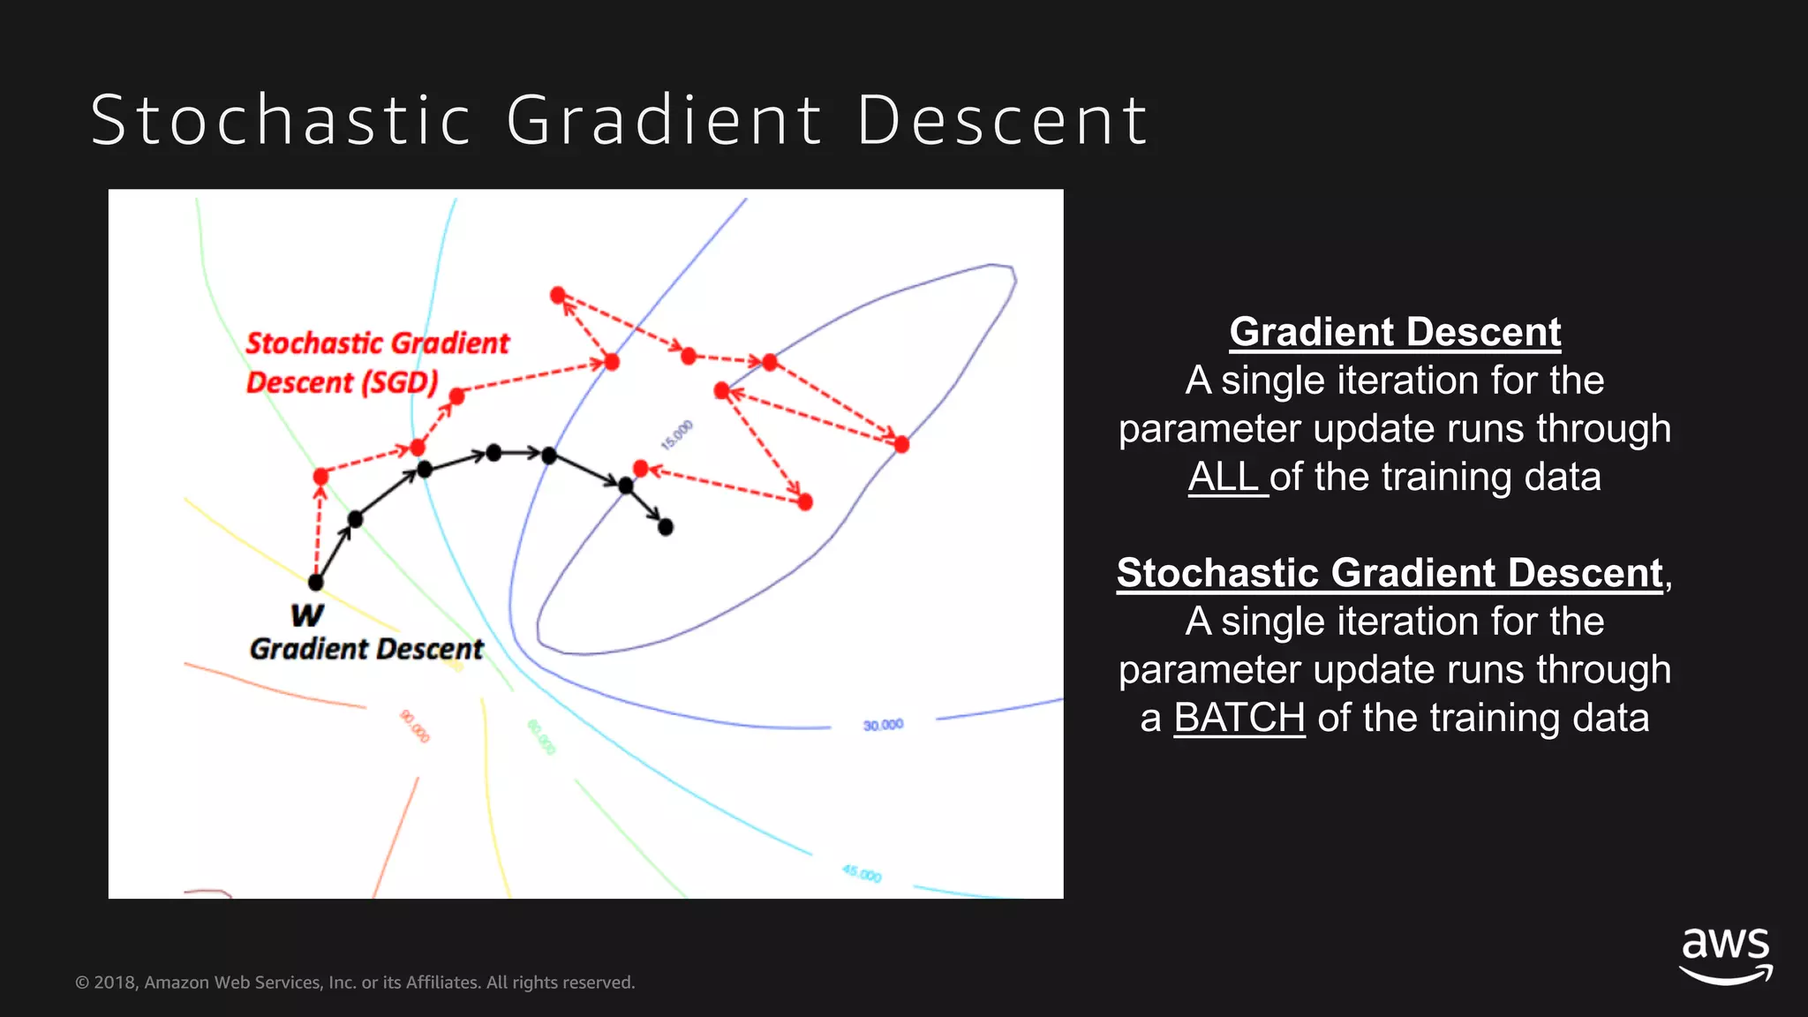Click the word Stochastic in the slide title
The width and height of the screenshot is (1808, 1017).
tap(281, 120)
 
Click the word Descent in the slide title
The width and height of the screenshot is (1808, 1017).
tap(1001, 120)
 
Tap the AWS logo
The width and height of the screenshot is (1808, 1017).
tap(1725, 955)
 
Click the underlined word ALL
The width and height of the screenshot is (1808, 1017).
tap(1225, 477)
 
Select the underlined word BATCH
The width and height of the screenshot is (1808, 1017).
tap(1239, 718)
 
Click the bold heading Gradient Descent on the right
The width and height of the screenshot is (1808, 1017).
tap(1395, 332)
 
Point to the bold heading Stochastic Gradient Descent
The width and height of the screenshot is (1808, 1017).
tap(1390, 573)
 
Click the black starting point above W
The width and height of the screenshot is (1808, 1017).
tap(316, 583)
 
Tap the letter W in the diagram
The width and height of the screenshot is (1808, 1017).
tap(306, 614)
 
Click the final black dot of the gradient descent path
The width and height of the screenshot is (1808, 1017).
tap(666, 527)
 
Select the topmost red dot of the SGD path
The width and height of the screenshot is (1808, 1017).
tap(558, 294)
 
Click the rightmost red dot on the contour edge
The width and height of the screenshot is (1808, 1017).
tap(901, 444)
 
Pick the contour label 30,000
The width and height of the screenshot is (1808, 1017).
tap(883, 725)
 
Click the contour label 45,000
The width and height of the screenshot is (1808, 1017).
tap(862, 874)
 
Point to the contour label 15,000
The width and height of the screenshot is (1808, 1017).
tap(677, 435)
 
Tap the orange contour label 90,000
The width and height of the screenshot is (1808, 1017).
tap(415, 726)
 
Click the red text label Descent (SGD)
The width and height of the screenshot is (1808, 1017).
tap(342, 382)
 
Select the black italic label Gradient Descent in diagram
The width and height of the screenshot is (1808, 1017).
tap(366, 649)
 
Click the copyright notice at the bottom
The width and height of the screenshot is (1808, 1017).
tap(355, 983)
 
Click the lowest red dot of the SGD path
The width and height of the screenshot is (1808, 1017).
tap(805, 502)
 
